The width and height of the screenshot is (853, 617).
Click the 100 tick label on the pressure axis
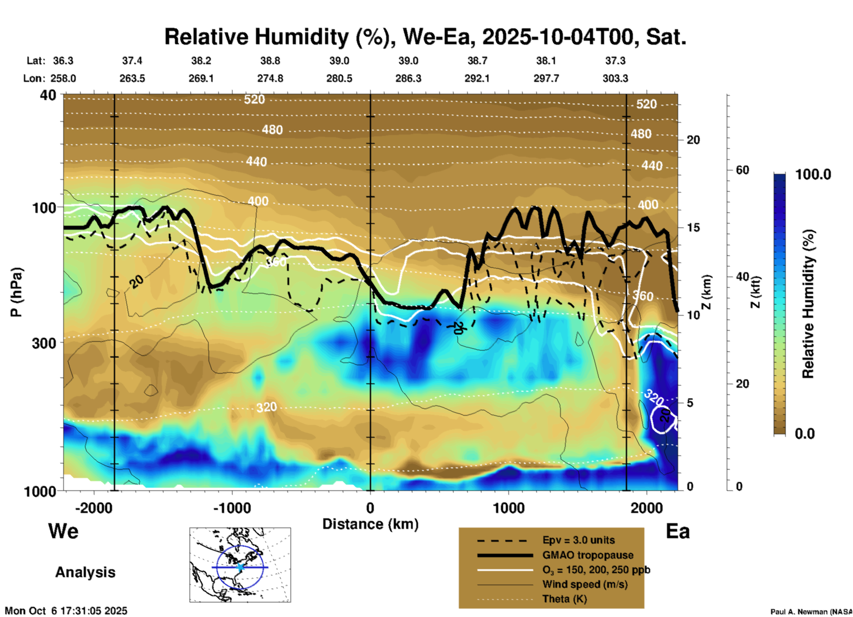tap(44, 208)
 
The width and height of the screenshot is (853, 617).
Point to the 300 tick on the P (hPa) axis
tap(44, 343)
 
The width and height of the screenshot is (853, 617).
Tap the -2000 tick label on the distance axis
tap(93, 508)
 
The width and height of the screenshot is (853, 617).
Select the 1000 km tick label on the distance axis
tap(508, 508)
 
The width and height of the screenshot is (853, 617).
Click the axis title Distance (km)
tap(370, 524)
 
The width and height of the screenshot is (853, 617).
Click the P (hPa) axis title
tap(16, 292)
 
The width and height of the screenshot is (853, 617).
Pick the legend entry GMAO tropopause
tap(588, 555)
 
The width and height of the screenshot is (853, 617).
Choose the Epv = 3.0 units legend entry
tap(578, 540)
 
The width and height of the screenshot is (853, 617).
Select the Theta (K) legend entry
tap(564, 599)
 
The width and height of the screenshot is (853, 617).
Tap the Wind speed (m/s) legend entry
tap(585, 584)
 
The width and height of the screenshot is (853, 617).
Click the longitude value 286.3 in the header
tap(408, 79)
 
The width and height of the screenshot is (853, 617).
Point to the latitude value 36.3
tap(63, 61)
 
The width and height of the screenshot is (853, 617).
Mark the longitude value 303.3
tap(615, 79)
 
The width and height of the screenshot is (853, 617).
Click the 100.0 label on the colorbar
tap(813, 174)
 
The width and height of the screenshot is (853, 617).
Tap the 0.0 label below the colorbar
tap(805, 433)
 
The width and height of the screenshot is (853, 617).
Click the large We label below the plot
tap(63, 531)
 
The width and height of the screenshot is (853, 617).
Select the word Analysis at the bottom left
tap(85, 572)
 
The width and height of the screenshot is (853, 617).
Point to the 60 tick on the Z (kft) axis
tap(742, 170)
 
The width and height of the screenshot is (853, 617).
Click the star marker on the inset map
tap(240, 567)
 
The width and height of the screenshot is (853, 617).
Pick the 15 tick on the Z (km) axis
tap(693, 228)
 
